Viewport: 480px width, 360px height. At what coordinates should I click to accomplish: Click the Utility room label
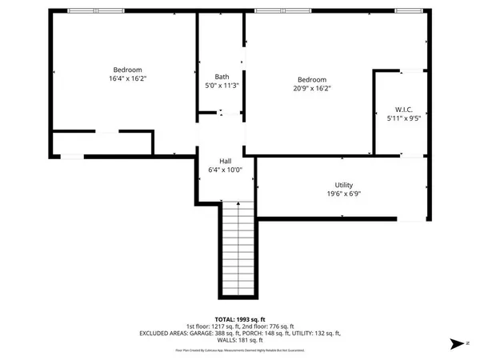pos(345,185)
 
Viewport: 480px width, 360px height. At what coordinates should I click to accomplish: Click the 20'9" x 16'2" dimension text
pos(312,89)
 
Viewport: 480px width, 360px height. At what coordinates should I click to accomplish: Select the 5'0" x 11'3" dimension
pos(222,86)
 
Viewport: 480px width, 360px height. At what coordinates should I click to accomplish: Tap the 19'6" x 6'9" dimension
pos(345,194)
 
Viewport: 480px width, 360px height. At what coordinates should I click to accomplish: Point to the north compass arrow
pos(456,342)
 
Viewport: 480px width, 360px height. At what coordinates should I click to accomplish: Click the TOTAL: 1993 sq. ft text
pos(240,319)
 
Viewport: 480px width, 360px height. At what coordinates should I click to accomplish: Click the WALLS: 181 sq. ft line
pos(240,340)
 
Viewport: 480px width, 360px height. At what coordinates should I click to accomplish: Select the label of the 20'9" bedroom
pos(312,79)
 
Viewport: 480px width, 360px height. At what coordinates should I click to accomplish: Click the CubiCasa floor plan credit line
pos(240,350)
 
